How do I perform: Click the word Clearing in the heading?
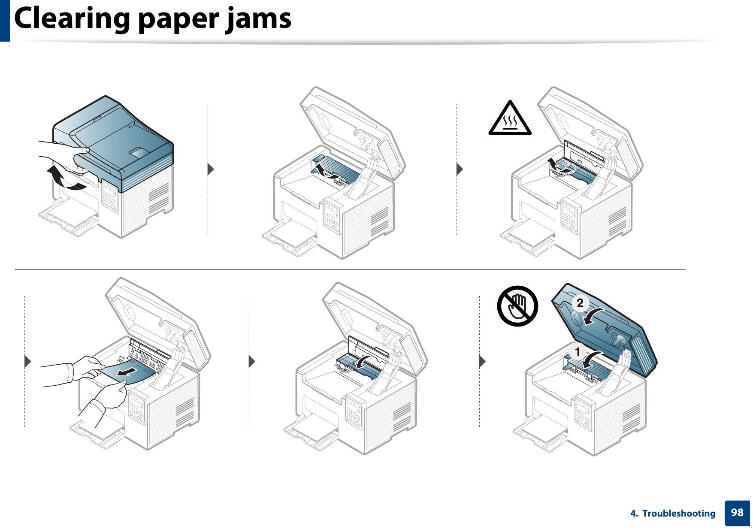(72, 19)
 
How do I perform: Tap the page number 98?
(737, 513)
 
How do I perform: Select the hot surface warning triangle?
(510, 119)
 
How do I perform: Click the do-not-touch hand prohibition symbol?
(517, 306)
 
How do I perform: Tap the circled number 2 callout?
(580, 303)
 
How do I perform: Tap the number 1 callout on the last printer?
(578, 352)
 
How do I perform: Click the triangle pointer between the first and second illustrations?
(210, 169)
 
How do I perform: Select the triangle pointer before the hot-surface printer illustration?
(460, 169)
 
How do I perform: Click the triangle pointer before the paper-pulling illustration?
(28, 361)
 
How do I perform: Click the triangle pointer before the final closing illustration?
(482, 361)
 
